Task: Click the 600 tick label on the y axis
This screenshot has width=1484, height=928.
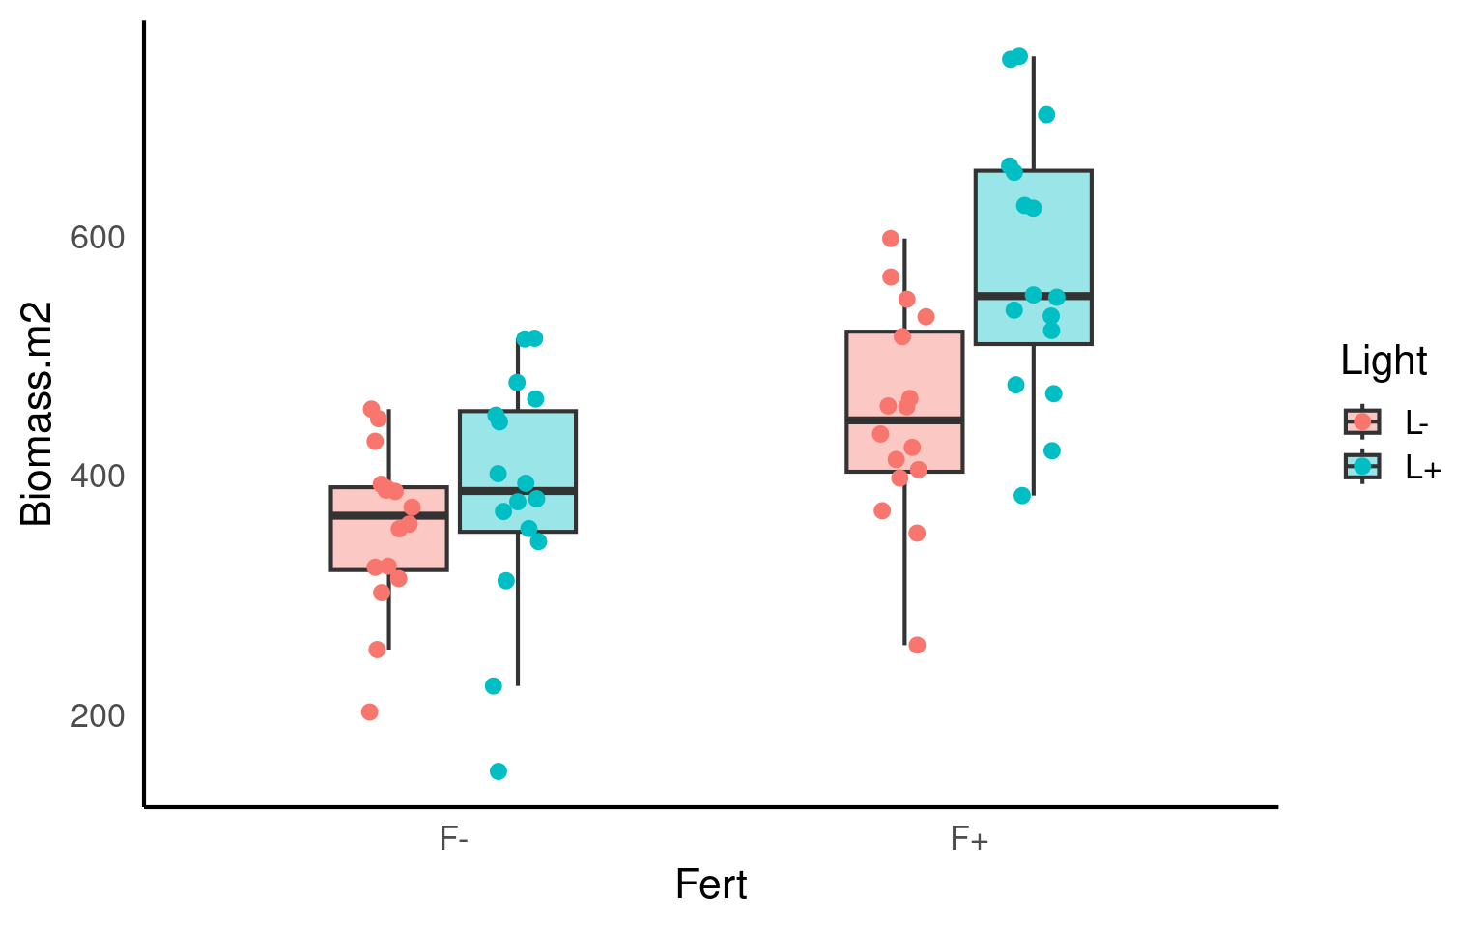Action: [99, 238]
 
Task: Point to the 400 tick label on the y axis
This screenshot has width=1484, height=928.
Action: [99, 477]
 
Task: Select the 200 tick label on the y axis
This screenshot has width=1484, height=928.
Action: [99, 716]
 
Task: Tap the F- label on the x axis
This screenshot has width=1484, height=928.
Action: [454, 838]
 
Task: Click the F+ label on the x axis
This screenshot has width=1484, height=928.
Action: [969, 838]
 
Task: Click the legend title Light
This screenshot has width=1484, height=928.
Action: [1384, 362]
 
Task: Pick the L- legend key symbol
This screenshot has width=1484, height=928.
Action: [1362, 421]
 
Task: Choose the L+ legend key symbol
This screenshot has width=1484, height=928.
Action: [1362, 466]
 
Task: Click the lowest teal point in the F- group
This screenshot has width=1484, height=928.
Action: [499, 771]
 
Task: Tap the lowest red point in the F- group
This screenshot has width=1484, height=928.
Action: [369, 712]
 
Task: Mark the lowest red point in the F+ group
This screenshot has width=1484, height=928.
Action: [917, 645]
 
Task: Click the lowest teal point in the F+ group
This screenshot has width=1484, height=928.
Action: [1022, 496]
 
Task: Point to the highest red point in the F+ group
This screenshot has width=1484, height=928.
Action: [891, 239]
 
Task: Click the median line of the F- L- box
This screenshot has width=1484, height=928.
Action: [388, 516]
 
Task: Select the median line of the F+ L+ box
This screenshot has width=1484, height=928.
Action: [1033, 295]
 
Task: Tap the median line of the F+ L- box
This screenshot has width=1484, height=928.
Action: [904, 420]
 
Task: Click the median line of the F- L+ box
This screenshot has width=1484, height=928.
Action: [518, 491]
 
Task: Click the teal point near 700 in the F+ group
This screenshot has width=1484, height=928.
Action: [1046, 115]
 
